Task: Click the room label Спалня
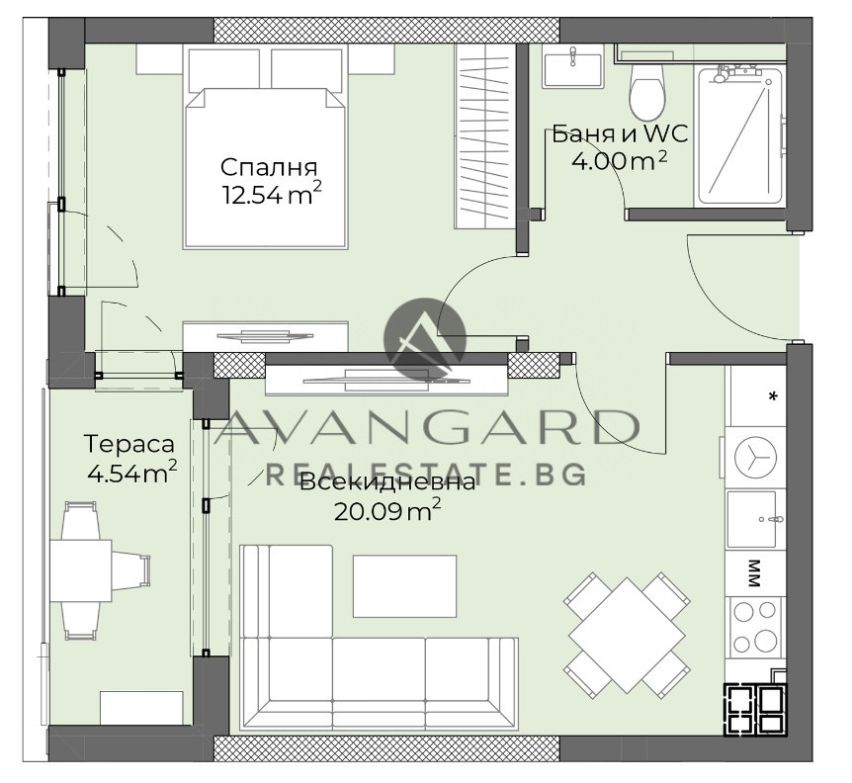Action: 269,167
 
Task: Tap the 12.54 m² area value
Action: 272,195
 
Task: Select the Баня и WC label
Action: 620,133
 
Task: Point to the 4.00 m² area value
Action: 619,161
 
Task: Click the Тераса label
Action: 129,444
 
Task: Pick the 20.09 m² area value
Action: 386,511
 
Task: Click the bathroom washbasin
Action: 572,66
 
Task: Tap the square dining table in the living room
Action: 627,635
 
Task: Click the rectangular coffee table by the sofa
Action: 405,585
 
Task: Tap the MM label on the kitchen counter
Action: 754,573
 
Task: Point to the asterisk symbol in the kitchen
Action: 772,396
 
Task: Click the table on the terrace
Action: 81,570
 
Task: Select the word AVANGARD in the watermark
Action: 427,428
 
